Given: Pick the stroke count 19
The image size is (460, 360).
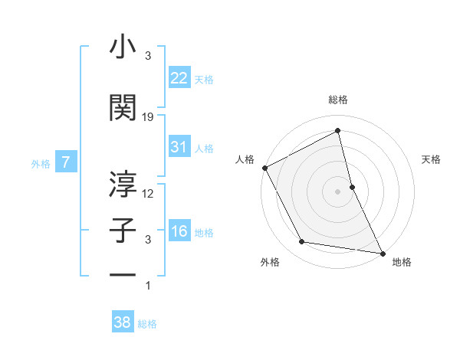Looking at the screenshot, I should click(148, 117).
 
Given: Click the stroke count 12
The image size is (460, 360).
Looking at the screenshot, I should click(148, 193).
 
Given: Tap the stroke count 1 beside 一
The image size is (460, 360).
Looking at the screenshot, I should click(148, 286).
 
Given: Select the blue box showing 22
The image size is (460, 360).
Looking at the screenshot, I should click(179, 77).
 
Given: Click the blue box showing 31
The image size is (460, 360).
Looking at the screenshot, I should click(179, 147).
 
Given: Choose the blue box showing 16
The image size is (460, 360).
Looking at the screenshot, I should click(179, 231).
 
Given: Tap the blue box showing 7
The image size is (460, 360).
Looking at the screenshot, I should click(67, 162).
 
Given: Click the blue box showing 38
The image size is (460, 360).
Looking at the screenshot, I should click(123, 322).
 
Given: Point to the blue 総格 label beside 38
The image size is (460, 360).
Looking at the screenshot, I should click(147, 324).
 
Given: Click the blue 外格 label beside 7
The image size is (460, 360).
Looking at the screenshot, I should click(41, 163).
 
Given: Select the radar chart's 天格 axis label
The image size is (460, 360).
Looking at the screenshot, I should click(432, 159).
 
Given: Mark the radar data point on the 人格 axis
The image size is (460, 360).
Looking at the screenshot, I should click(264, 168).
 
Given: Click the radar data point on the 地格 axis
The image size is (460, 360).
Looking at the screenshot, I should click(382, 252).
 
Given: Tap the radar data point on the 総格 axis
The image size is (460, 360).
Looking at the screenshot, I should click(338, 131).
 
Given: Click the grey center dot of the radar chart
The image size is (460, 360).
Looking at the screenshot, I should click(337, 191).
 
